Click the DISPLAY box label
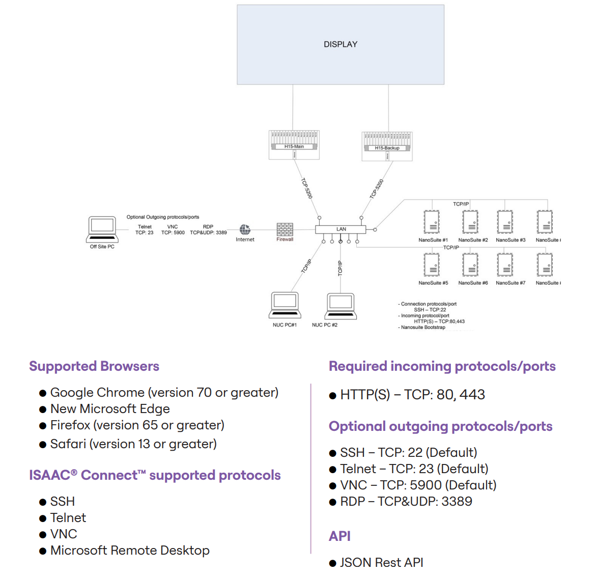pos(340,44)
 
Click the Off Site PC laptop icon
pos(102,229)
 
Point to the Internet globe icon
pos(245,230)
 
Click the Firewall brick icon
pos(285,229)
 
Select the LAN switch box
pos(340,229)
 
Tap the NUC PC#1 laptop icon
pos(285,306)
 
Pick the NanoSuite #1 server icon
pos(432,222)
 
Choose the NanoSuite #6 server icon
pos(471,265)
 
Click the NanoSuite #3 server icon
pos(505,222)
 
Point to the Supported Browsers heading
pos(94,366)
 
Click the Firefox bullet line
pos(137,425)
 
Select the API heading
pos(339,536)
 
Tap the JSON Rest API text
pos(381,562)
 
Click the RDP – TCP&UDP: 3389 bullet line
pos(406,502)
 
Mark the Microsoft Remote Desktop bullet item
pos(130,551)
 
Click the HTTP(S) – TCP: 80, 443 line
pos(412,395)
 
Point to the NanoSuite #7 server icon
pos(505,265)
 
